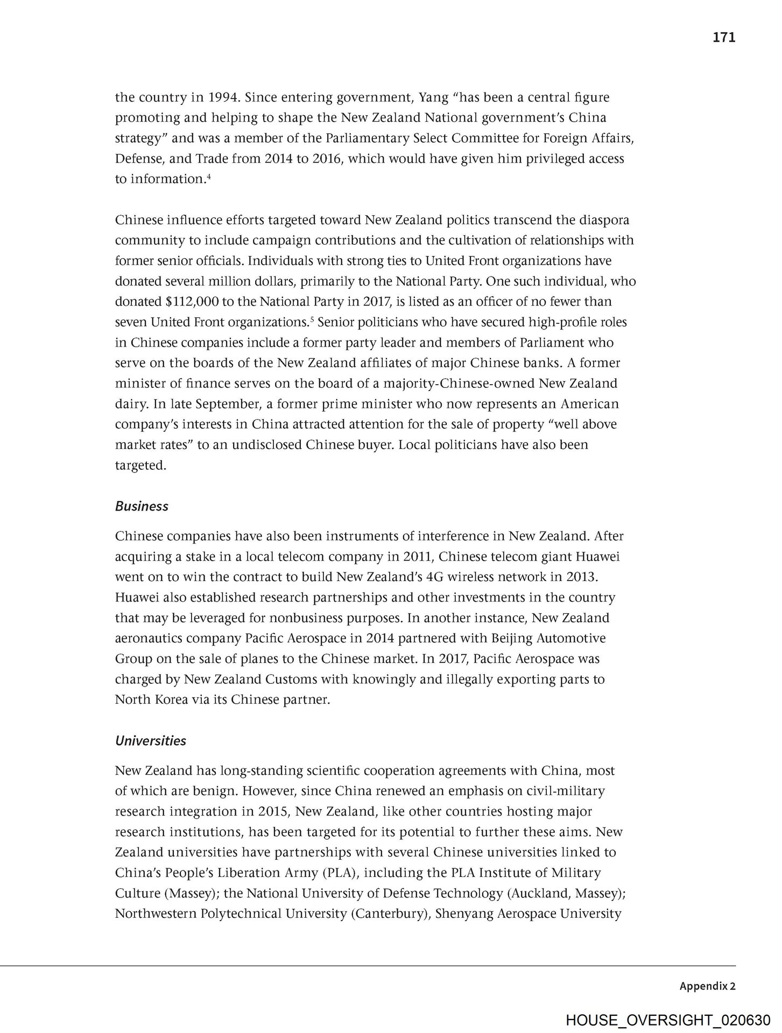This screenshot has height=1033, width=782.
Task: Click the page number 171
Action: pyautogui.click(x=723, y=37)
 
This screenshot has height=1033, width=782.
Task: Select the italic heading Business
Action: pyautogui.click(x=142, y=506)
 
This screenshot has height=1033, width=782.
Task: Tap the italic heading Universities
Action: pyautogui.click(x=151, y=741)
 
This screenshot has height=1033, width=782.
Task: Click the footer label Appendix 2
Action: pyautogui.click(x=707, y=986)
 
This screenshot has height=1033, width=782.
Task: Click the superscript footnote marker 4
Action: pyautogui.click(x=208, y=175)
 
